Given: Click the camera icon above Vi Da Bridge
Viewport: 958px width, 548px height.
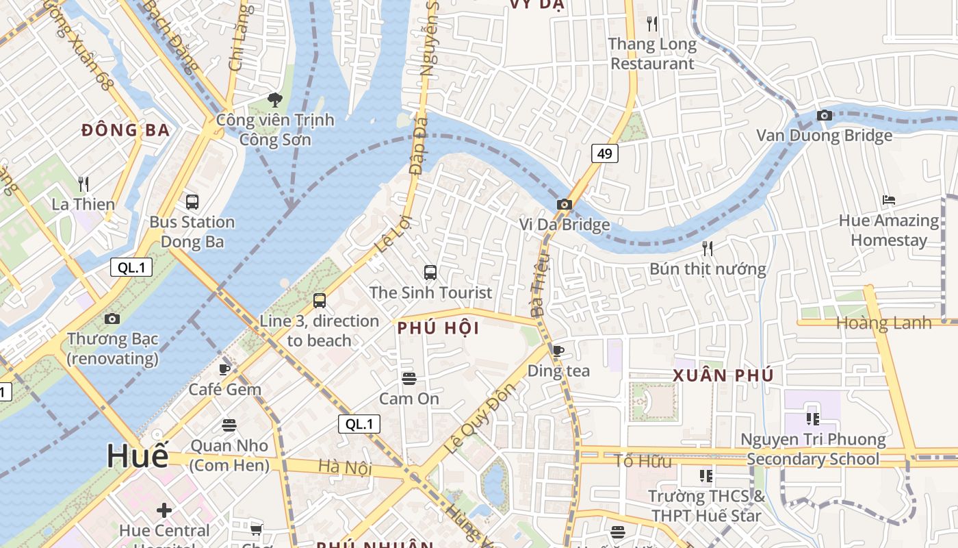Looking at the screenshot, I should point(564,204).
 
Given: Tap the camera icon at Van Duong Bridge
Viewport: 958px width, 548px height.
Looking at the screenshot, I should point(824,115).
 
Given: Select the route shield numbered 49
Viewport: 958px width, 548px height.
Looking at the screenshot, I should point(604,153).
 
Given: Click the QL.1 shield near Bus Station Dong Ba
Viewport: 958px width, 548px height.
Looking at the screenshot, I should point(131,267).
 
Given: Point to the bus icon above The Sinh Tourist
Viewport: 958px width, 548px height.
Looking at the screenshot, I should point(430,273).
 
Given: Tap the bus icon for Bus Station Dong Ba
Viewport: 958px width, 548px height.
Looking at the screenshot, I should point(192,202).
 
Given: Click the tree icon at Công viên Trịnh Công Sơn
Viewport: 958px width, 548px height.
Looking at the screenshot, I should point(275,100).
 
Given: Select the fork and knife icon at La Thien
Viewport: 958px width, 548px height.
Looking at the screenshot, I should point(83,184).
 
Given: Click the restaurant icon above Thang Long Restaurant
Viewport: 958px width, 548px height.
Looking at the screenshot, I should point(652,24).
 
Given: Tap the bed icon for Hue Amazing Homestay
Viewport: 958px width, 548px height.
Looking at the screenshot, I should point(889,200).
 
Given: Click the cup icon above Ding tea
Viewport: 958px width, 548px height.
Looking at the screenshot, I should point(558,351).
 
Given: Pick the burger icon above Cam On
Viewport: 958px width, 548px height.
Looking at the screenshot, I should point(409,379).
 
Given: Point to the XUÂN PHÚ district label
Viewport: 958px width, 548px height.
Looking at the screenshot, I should point(723,375).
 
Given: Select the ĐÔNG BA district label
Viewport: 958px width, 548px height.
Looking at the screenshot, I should point(125,130).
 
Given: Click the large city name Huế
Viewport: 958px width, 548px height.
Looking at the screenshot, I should point(137,456).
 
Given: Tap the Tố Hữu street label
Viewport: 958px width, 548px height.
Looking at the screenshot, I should point(643,461).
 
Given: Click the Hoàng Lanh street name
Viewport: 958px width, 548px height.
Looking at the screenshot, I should point(883,323).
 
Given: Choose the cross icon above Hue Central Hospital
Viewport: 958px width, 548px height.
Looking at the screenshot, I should point(164,510).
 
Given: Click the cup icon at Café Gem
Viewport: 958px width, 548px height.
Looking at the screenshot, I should point(224,369).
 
